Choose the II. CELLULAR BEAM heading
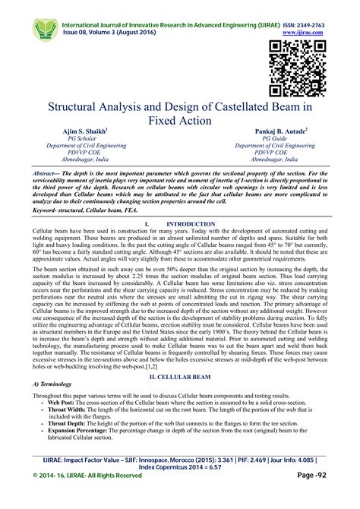(x=179, y=376)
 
